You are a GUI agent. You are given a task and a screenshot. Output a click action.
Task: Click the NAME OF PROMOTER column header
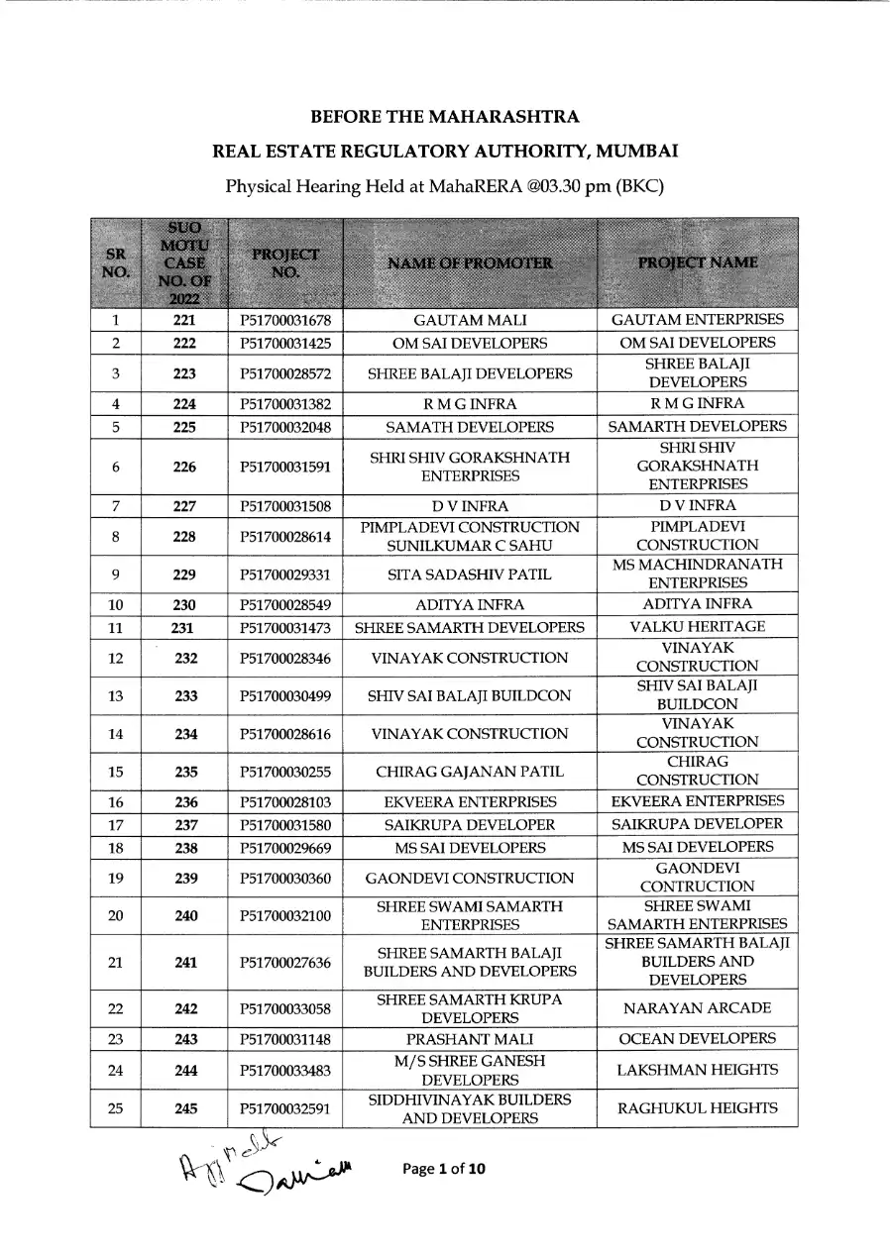pos(470,263)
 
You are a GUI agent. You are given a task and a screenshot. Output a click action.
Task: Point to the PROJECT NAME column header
pos(698,262)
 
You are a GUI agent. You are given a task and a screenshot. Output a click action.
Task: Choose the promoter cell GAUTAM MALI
pos(470,321)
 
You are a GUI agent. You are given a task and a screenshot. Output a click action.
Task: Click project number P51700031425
pos(284,344)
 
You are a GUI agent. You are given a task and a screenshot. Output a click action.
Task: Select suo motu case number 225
pos(184,428)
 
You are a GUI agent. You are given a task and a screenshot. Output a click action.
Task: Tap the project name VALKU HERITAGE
pos(698,627)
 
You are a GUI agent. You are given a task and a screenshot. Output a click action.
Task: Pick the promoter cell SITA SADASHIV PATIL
pos(470,575)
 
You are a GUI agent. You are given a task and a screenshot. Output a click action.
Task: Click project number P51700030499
pos(284,696)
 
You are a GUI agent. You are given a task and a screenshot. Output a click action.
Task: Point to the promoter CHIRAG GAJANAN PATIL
pos(470,772)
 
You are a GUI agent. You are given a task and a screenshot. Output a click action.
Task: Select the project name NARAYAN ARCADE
pos(698,1009)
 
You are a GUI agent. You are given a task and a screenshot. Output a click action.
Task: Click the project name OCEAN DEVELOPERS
pos(698,1039)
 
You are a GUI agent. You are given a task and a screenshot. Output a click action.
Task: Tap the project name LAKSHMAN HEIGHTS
pos(698,1070)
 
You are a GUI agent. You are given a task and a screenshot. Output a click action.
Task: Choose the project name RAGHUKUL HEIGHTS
pos(698,1108)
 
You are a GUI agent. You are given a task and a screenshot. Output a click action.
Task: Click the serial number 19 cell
pos(116,879)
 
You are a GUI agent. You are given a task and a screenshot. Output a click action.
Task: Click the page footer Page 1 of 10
pos(445,1170)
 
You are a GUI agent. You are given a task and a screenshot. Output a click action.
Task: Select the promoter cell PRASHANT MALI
pos(470,1039)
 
